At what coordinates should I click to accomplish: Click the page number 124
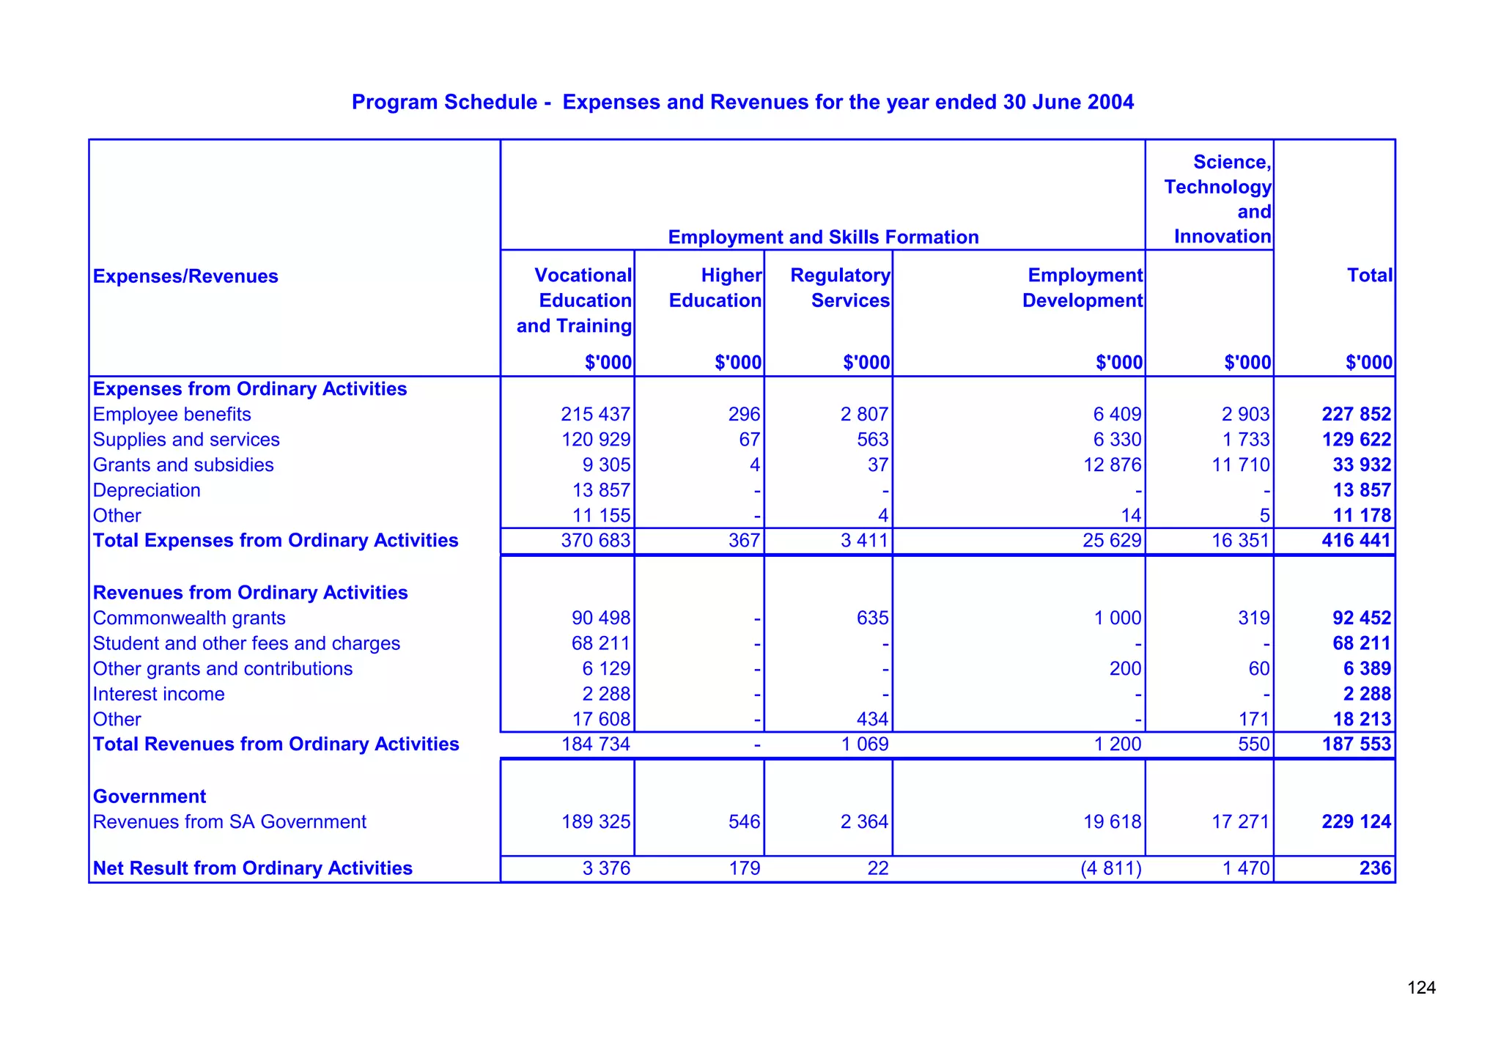pyautogui.click(x=1421, y=988)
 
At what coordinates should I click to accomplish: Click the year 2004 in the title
pyautogui.click(x=1110, y=102)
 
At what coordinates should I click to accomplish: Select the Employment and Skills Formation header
pyautogui.click(x=823, y=237)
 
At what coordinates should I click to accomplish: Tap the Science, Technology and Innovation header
pyautogui.click(x=1217, y=199)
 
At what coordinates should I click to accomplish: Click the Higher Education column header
pyautogui.click(x=715, y=288)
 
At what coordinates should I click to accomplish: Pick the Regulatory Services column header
pyautogui.click(x=840, y=288)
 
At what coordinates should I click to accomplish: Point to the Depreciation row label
pyautogui.click(x=147, y=490)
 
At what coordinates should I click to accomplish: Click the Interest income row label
pyautogui.click(x=159, y=694)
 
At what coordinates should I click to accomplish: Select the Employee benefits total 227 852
pyautogui.click(x=1356, y=415)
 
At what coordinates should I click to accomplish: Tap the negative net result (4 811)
pyautogui.click(x=1111, y=868)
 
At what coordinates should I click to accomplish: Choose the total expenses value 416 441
pyautogui.click(x=1356, y=541)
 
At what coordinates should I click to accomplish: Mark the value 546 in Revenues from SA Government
pyautogui.click(x=744, y=822)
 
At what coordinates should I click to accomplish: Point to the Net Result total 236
pyautogui.click(x=1374, y=868)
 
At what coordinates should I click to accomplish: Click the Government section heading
pyautogui.click(x=150, y=796)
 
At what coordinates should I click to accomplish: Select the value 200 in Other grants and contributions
pyautogui.click(x=1121, y=669)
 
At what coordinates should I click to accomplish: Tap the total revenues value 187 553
pyautogui.click(x=1356, y=744)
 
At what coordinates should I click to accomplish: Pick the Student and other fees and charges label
pyautogui.click(x=246, y=643)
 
